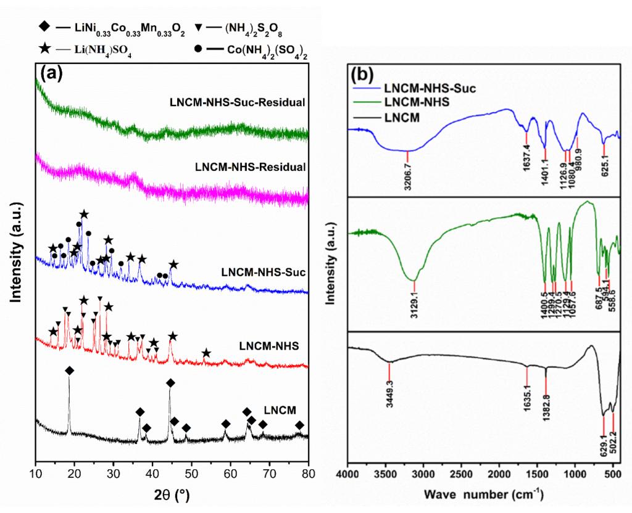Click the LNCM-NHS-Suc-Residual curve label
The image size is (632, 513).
(x=238, y=102)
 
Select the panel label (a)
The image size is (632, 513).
(x=51, y=73)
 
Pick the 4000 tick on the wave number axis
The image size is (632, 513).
(x=348, y=474)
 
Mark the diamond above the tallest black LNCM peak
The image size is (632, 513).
(x=69, y=370)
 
